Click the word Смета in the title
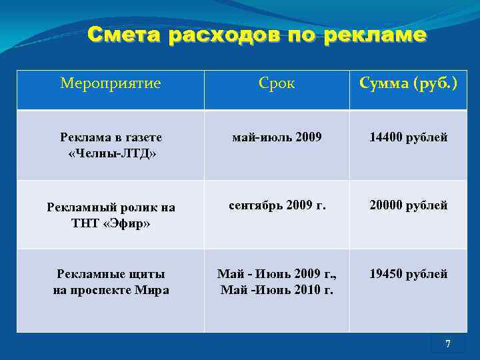click(124, 35)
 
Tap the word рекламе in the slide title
click(375, 35)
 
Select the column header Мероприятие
click(110, 83)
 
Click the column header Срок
click(277, 83)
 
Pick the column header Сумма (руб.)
click(408, 83)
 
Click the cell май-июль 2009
click(277, 137)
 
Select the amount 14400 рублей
click(409, 137)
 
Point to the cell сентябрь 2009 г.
click(277, 205)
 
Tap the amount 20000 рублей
click(409, 205)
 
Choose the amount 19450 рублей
click(409, 274)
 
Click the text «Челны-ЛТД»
click(111, 154)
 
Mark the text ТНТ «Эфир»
click(111, 223)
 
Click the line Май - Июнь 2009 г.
click(277, 274)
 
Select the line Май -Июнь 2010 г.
click(277, 290)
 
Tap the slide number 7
click(447, 344)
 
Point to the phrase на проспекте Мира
click(111, 290)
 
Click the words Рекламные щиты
click(111, 274)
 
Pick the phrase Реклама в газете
click(111, 138)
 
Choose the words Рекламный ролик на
click(111, 207)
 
